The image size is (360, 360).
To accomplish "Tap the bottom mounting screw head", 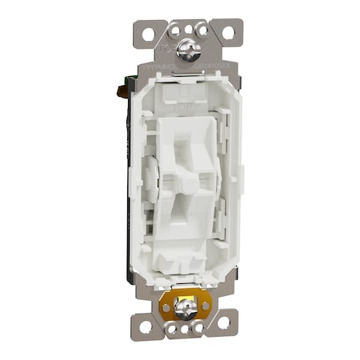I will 184,304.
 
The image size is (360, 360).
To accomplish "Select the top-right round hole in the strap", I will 228,34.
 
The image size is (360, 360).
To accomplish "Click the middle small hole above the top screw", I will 186,28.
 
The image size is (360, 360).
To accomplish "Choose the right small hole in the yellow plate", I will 205,305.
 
